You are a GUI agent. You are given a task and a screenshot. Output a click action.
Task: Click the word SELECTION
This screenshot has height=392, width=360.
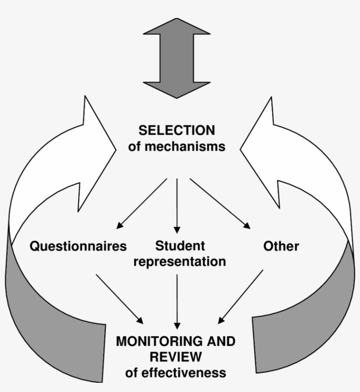point(176,131)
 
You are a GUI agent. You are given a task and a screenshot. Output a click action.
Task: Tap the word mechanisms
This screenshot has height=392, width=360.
point(189,146)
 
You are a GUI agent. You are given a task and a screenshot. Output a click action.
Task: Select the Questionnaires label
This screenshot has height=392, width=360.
point(78,246)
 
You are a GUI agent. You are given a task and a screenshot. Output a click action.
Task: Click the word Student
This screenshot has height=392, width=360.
point(180,245)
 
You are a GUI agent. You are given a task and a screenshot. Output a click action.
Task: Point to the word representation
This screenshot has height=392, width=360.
point(180,262)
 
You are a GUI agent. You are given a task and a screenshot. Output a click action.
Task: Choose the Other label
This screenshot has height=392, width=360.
point(281,246)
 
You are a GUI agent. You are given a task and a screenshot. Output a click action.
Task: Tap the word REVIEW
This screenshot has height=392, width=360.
point(176,356)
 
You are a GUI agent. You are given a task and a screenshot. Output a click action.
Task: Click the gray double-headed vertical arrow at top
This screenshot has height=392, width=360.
point(176,58)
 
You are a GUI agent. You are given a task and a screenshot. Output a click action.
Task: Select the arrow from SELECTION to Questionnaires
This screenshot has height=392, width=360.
point(141,203)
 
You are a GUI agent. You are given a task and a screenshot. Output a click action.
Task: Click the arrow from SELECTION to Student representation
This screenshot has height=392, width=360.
point(177,205)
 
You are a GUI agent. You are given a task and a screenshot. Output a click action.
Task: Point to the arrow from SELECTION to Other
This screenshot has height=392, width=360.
point(220,203)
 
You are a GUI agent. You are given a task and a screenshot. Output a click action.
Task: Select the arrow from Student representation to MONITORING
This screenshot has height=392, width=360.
point(177,301)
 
